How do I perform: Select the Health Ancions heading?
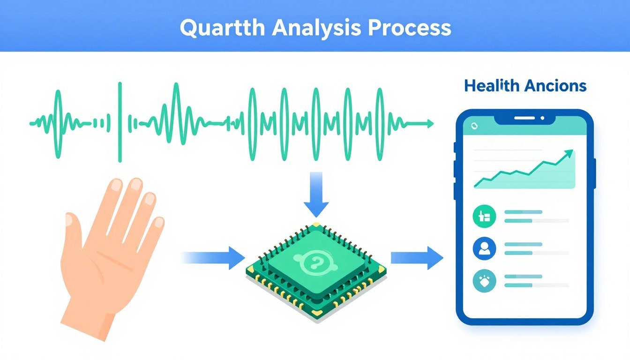(x=525, y=86)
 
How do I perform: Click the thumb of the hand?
(x=75, y=230)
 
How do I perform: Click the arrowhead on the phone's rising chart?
(x=569, y=153)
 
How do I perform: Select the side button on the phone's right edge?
(x=594, y=173)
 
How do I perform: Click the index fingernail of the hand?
(x=136, y=184)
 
